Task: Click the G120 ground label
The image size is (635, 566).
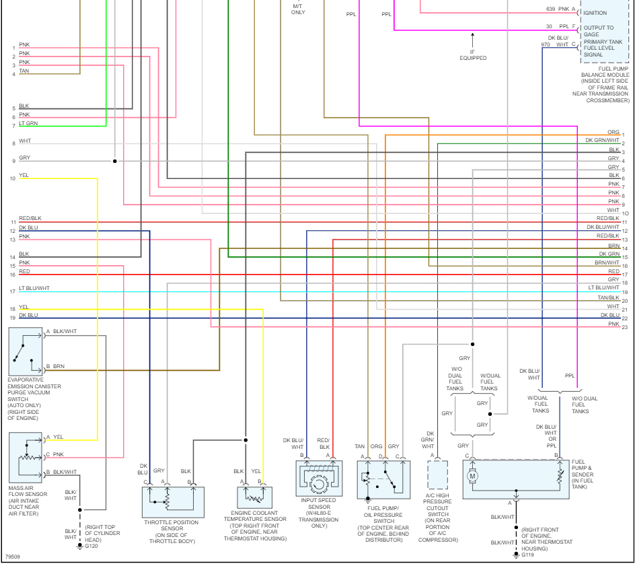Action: click(x=91, y=546)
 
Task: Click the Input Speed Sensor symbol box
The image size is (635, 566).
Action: click(x=319, y=479)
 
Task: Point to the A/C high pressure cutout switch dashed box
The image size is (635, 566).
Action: click(x=437, y=474)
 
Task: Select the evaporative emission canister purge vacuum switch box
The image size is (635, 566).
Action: click(x=26, y=351)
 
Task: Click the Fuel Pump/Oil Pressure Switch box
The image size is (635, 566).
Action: click(x=383, y=479)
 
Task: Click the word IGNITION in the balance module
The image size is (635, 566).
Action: click(x=595, y=13)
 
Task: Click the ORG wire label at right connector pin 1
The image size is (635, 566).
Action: click(x=613, y=133)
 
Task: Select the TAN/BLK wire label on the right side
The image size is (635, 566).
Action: click(x=608, y=297)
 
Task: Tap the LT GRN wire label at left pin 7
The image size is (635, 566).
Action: click(x=28, y=123)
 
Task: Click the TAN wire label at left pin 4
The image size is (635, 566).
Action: click(x=24, y=71)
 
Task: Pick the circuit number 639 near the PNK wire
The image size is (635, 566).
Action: click(x=550, y=9)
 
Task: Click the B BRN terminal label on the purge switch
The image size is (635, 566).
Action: click(x=55, y=366)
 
